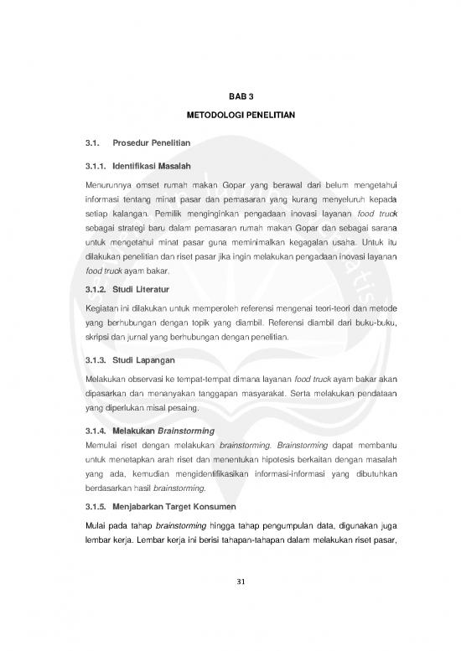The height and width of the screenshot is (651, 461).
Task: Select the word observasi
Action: pyautogui.click(x=162, y=380)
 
